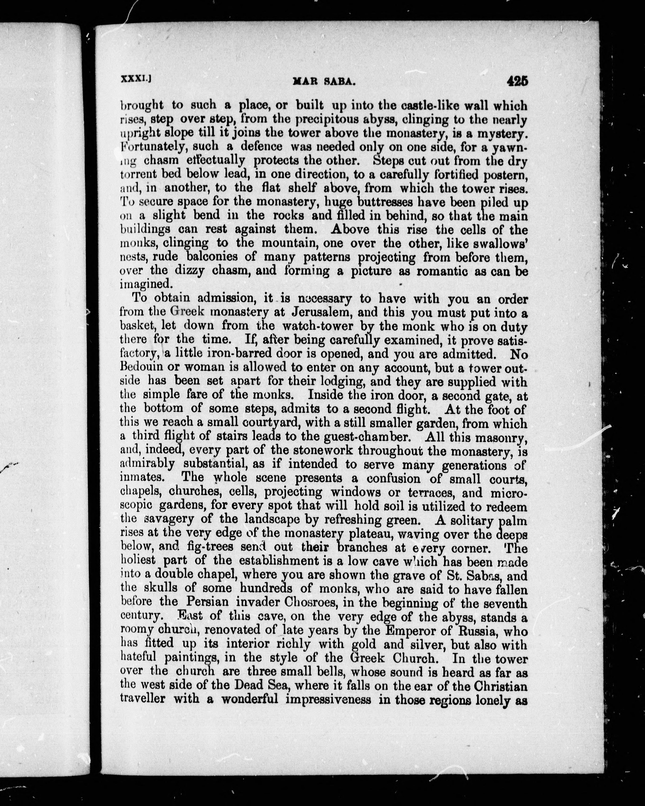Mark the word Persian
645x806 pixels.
tap(207, 602)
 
